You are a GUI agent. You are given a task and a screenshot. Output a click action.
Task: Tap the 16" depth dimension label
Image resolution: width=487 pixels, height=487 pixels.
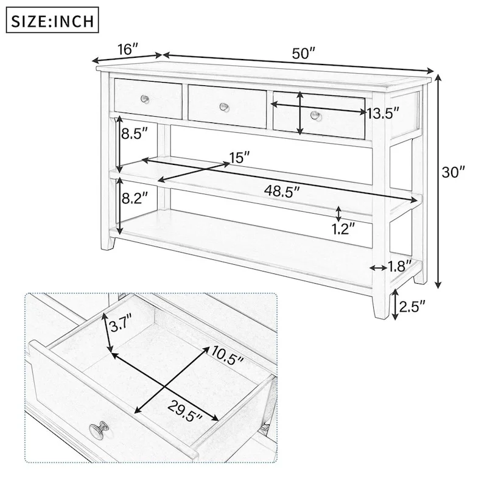127,49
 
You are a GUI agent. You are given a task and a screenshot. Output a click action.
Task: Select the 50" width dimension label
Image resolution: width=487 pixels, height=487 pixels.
303,53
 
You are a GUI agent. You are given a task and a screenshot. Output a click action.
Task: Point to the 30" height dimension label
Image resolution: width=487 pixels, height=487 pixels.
453,172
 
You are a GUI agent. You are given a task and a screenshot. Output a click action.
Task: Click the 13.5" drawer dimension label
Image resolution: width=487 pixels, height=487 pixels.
383,113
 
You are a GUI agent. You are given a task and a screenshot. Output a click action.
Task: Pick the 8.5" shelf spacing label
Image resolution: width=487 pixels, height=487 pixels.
135,135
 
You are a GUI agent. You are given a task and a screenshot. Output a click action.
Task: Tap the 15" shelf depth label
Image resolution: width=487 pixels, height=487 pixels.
239,158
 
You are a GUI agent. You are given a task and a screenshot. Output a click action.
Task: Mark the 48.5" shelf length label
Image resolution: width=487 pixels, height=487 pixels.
281,191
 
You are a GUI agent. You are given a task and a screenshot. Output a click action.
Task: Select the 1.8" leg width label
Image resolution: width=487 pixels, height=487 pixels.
400,265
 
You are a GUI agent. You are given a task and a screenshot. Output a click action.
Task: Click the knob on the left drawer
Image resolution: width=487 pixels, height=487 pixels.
144,98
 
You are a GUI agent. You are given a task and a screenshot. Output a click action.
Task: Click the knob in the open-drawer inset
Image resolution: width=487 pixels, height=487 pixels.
98,432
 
